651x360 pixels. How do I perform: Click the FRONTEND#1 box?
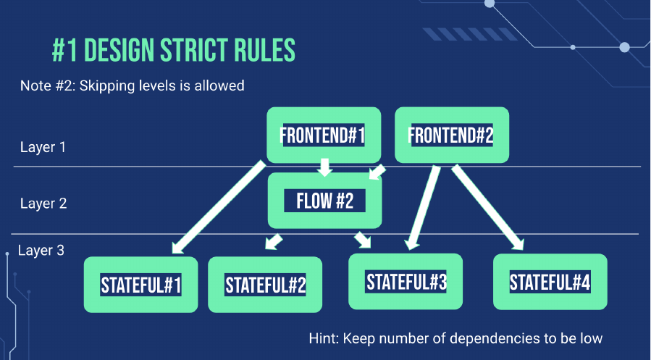click(324, 135)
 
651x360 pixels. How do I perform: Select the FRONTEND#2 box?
click(452, 135)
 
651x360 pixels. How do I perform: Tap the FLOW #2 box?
click(324, 201)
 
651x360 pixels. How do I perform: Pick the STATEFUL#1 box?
click(140, 285)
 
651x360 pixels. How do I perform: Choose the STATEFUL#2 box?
click(265, 285)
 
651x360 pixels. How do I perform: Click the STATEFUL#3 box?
click(406, 282)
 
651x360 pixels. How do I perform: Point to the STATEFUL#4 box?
click(550, 282)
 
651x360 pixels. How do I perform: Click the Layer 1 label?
click(43, 147)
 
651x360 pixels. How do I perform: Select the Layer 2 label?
click(43, 204)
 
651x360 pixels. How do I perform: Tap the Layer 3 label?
click(41, 251)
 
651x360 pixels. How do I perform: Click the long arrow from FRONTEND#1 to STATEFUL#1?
click(219, 206)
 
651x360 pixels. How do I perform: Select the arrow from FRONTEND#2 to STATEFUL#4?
click(488, 207)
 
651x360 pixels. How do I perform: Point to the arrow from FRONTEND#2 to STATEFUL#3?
click(423, 208)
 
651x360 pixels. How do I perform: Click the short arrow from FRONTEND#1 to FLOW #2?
click(324, 167)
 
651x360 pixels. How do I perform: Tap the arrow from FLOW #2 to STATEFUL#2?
click(274, 242)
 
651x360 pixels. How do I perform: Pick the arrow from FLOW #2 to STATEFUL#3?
click(363, 240)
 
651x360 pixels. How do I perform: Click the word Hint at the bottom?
click(324, 338)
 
